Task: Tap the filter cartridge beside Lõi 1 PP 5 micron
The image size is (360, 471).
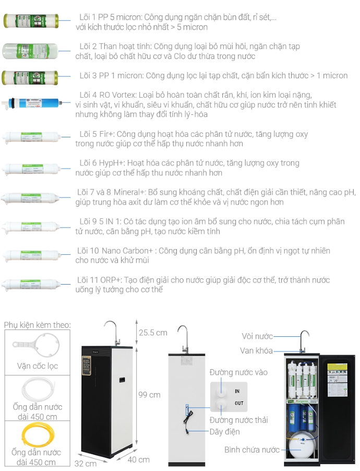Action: tap(36, 21)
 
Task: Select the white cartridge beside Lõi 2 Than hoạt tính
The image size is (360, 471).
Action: tap(36, 51)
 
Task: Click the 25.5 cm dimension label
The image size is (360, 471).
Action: tap(153, 333)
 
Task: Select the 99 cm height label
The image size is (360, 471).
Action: tap(149, 395)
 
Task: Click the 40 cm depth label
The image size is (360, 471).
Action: tap(138, 460)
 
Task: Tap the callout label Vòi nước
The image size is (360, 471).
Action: tap(257, 336)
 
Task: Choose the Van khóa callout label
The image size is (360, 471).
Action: tap(256, 351)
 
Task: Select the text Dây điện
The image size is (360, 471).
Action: tap(225, 431)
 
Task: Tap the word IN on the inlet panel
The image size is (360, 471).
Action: tap(237, 391)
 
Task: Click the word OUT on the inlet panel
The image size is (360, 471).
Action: tap(238, 403)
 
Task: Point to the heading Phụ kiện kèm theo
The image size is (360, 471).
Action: tap(37, 325)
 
